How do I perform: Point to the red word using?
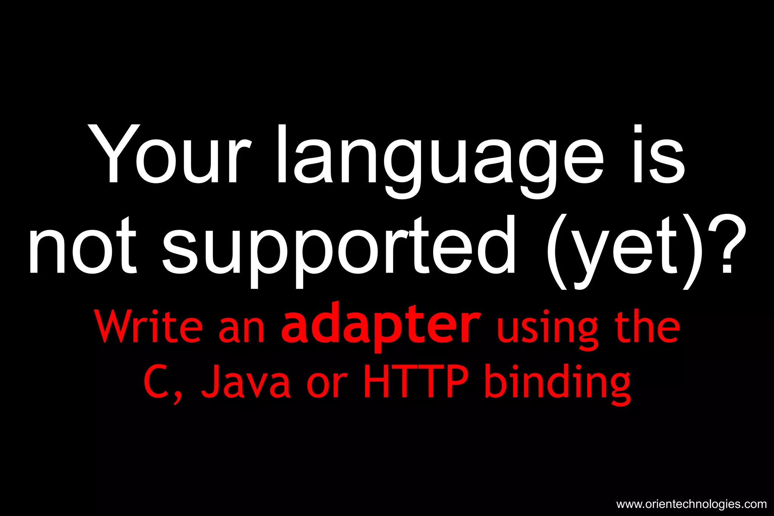pyautogui.click(x=548, y=329)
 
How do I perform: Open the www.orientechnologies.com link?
pyautogui.click(x=691, y=504)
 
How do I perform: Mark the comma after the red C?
pyautogui.click(x=177, y=397)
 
